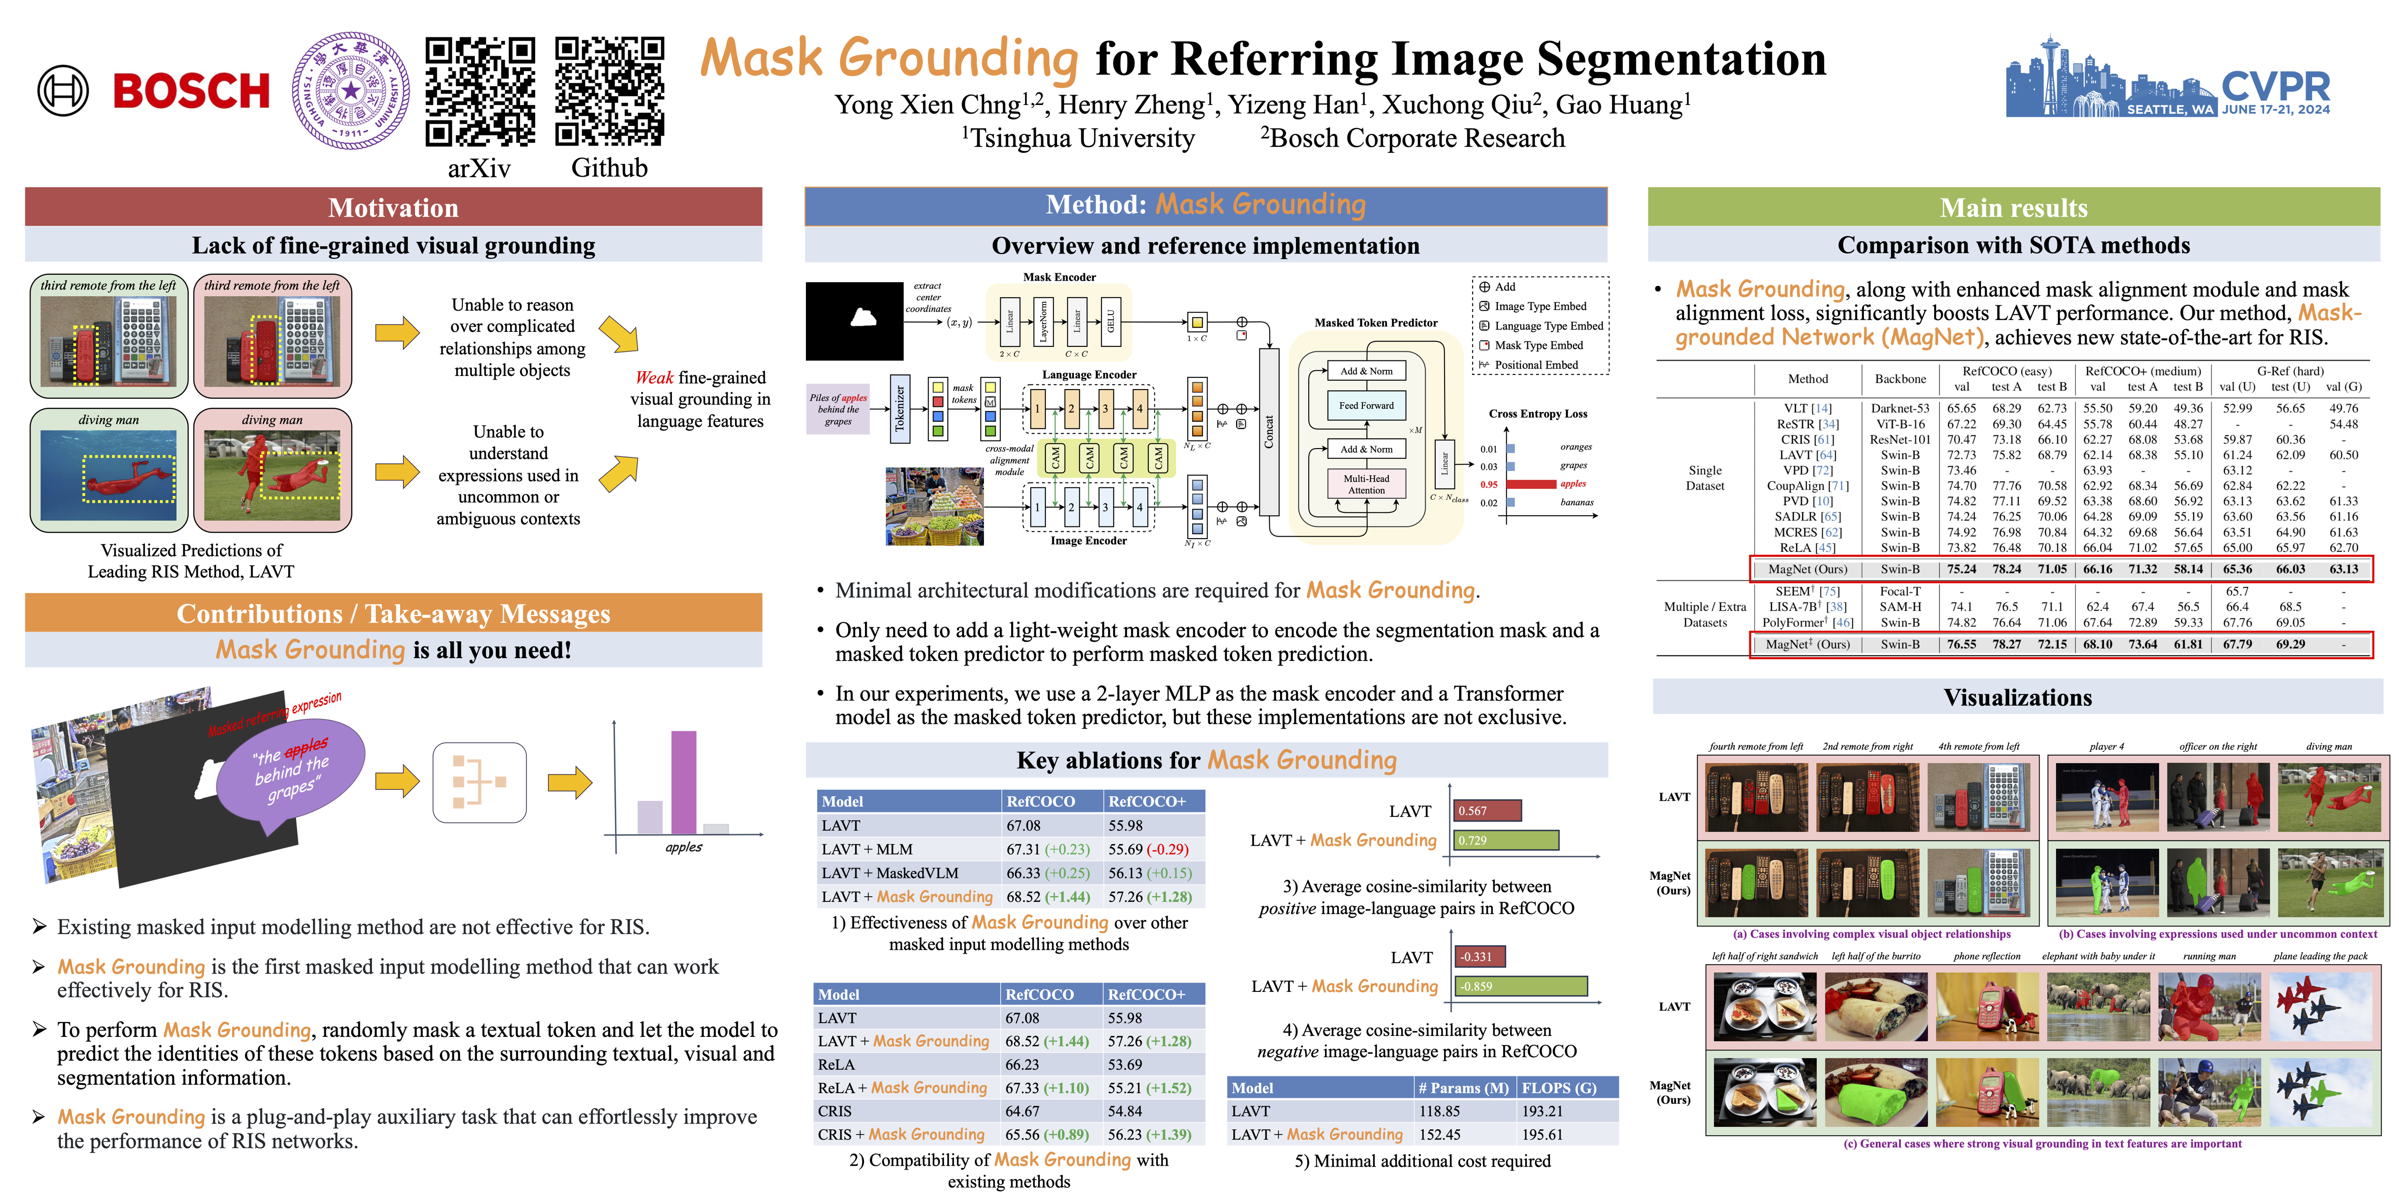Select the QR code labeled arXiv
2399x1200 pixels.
coord(480,91)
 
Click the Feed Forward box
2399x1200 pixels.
coord(1366,405)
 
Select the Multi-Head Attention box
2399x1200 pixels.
coord(1366,484)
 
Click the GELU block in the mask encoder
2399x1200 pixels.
coord(1110,322)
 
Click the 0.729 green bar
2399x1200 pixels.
coord(1506,840)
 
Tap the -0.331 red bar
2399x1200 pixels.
coord(1479,957)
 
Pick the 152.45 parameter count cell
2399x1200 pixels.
coord(1440,1135)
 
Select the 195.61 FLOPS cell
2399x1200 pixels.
coord(1542,1135)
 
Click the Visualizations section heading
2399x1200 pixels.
coord(2017,698)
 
